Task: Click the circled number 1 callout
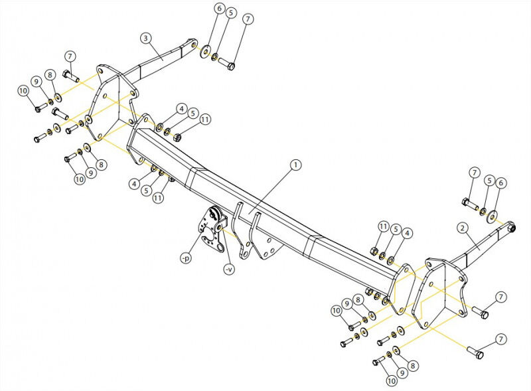(295, 165)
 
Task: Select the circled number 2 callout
(463, 228)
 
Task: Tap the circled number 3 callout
(146, 38)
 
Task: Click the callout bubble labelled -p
(186, 258)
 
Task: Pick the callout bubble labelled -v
(229, 270)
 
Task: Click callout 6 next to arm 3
(220, 8)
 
